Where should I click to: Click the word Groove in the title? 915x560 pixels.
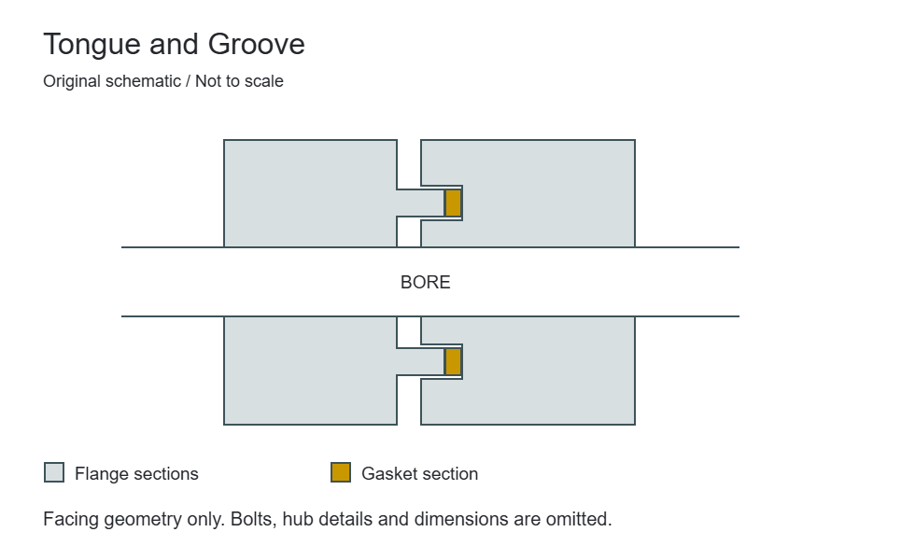pos(256,45)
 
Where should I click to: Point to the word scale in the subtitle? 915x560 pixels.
pos(263,81)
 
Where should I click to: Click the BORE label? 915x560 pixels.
pos(426,282)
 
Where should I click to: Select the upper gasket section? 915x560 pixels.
pos(453,203)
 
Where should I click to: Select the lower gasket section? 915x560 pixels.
pos(453,362)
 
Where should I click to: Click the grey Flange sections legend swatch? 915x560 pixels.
pos(54,472)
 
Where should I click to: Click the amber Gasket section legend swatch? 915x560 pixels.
pos(341,472)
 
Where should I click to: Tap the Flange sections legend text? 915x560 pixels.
pos(136,474)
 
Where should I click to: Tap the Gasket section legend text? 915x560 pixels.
pos(419,474)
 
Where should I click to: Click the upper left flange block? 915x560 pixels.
pos(310,193)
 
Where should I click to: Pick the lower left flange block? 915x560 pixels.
pos(310,371)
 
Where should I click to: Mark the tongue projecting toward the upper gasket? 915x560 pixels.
pos(420,203)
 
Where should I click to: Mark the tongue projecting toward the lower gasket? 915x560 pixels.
pos(420,362)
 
